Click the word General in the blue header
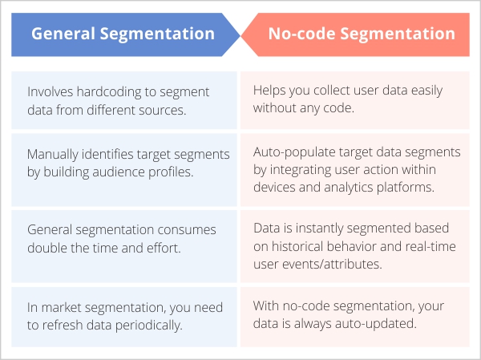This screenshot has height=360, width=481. click(63, 34)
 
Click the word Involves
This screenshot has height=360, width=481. click(51, 91)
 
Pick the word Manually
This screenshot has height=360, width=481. click(53, 155)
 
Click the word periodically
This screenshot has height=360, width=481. click(148, 326)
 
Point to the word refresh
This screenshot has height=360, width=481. click(63, 326)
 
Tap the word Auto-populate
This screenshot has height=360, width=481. click(294, 152)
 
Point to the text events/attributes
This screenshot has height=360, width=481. click(332, 265)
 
